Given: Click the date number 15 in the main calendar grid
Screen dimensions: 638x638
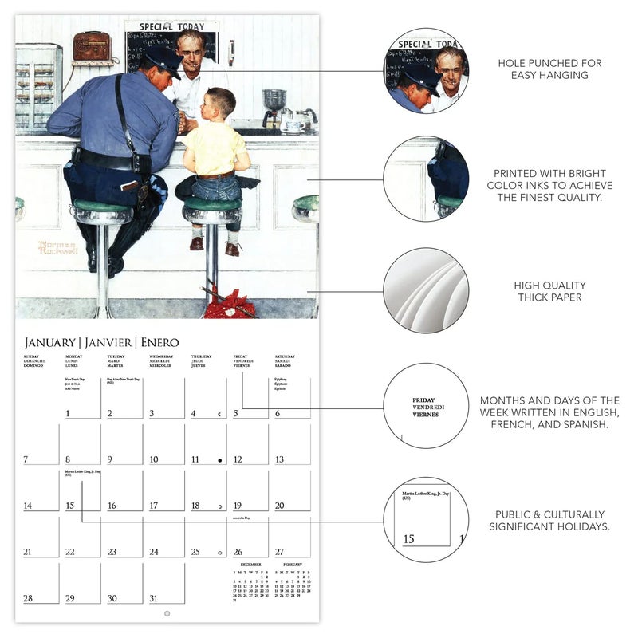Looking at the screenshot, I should (70, 506).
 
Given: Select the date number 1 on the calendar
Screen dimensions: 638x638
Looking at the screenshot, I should (68, 413).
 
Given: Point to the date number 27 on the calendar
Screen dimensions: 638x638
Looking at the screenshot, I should (279, 552).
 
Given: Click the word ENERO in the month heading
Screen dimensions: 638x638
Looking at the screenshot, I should (160, 342).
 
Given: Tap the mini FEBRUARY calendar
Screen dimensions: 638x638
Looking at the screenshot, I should (293, 582).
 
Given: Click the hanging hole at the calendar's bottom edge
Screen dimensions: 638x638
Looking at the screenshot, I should (167, 613).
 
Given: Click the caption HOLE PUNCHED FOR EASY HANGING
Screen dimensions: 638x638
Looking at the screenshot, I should (550, 69).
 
